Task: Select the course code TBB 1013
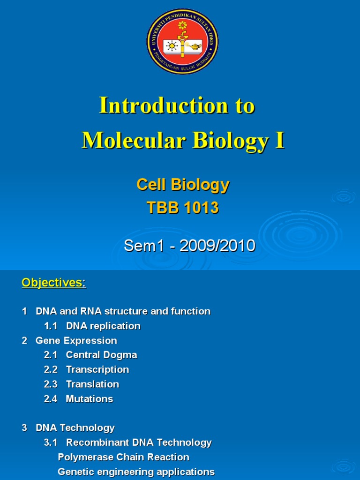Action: coord(183,208)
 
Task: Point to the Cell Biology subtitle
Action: coord(183,185)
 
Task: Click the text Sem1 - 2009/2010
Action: coord(190,245)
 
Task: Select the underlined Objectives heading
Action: coord(54,283)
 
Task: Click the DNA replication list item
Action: coord(103,326)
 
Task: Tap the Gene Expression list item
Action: coord(76,340)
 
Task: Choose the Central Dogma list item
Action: coord(101,355)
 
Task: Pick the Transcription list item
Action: coord(97,369)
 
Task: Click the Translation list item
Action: coord(92,384)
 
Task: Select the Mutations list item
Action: coord(90,399)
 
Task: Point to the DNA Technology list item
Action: coord(75,427)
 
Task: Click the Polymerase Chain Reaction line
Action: coord(123,457)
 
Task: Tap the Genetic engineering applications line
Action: coord(136,472)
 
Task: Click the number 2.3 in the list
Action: coord(51,384)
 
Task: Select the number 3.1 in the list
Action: coord(51,442)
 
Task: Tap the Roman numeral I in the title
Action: coord(280,140)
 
